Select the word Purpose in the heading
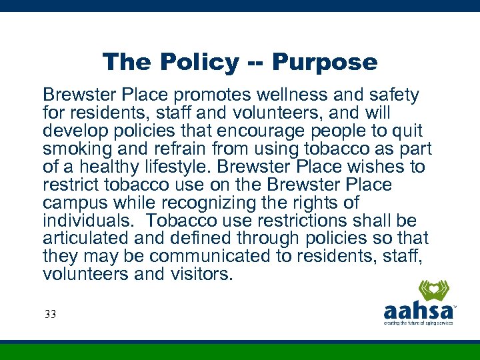coord(325,63)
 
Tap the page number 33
coord(50,314)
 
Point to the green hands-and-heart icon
coord(433,291)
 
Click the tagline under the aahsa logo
coord(418,323)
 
